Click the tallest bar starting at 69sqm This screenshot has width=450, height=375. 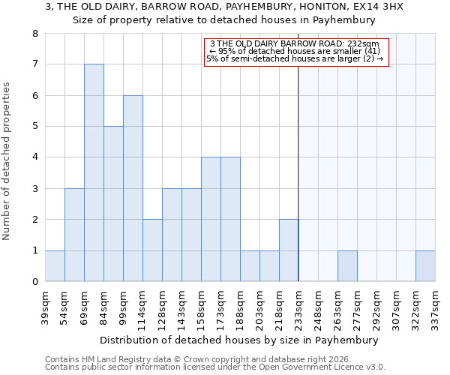94,172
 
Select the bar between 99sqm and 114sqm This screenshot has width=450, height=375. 133,188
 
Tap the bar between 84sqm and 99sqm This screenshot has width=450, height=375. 113,204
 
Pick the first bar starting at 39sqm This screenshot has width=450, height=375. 55,266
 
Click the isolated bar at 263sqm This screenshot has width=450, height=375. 347,266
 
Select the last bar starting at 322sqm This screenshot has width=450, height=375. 425,266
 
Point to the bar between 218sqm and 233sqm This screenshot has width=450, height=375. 289,250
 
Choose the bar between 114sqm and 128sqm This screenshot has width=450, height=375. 152,250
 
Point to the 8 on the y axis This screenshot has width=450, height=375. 34,34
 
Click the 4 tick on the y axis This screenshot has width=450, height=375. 34,157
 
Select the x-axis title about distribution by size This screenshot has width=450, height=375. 239,340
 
